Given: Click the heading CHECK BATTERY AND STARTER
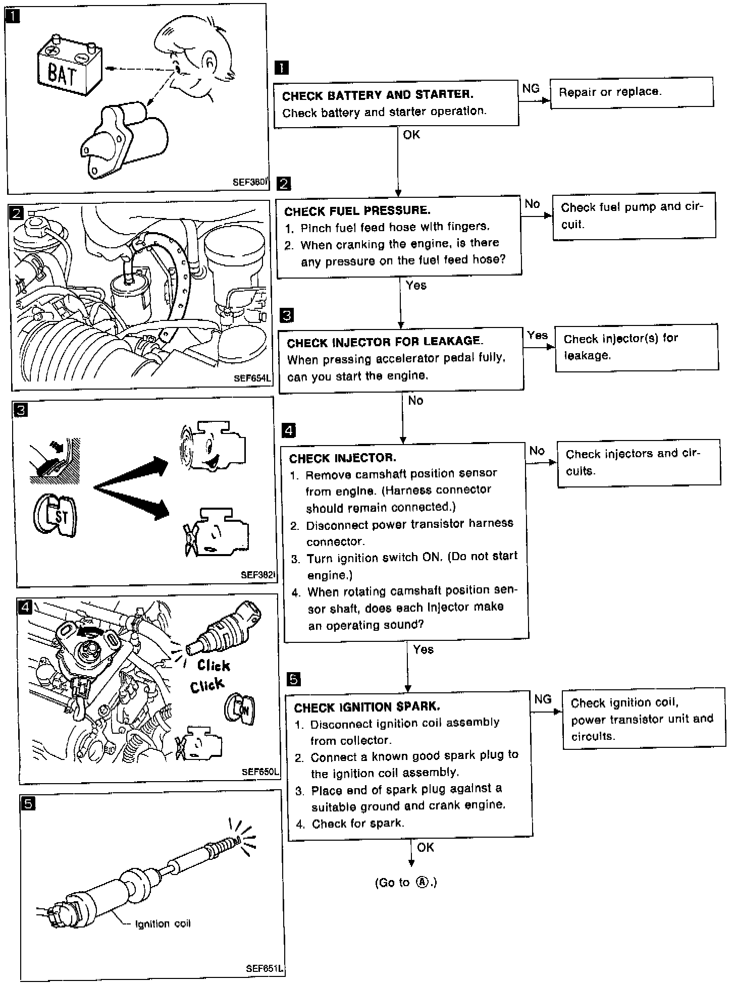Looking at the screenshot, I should tap(378, 95).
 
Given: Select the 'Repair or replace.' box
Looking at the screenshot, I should tap(631, 92).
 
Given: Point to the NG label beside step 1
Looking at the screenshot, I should tap(531, 89).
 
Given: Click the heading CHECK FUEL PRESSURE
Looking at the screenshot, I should tap(357, 210).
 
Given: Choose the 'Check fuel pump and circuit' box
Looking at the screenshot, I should tap(634, 215).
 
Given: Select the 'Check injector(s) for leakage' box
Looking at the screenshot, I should tap(636, 347).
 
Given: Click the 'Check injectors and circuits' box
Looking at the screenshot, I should tap(638, 462).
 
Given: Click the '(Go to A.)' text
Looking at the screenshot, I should tap(405, 882).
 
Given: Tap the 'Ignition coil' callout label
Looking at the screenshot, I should tap(163, 923).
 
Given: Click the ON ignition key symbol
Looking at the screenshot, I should tap(240, 710).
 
